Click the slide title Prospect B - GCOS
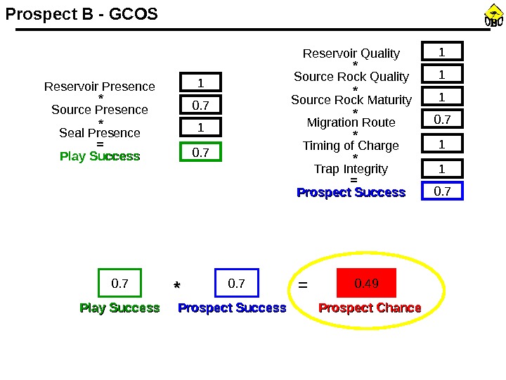[82, 14]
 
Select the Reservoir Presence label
[100, 87]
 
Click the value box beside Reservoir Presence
[200, 83]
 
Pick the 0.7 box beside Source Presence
[200, 106]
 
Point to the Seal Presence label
[100, 133]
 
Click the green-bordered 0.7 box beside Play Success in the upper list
[200, 151]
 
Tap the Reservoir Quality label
[351, 53]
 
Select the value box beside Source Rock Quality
[442, 75]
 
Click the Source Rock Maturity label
[351, 100]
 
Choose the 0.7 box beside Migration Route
[442, 120]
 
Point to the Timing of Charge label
[351, 146]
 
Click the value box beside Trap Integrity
[442, 169]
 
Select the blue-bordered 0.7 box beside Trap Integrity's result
[442, 191]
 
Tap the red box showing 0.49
[367, 284]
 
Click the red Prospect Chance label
[370, 308]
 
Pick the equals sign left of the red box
[303, 286]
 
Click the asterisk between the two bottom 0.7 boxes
[177, 286]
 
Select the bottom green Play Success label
[119, 308]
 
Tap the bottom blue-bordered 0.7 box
[237, 284]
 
